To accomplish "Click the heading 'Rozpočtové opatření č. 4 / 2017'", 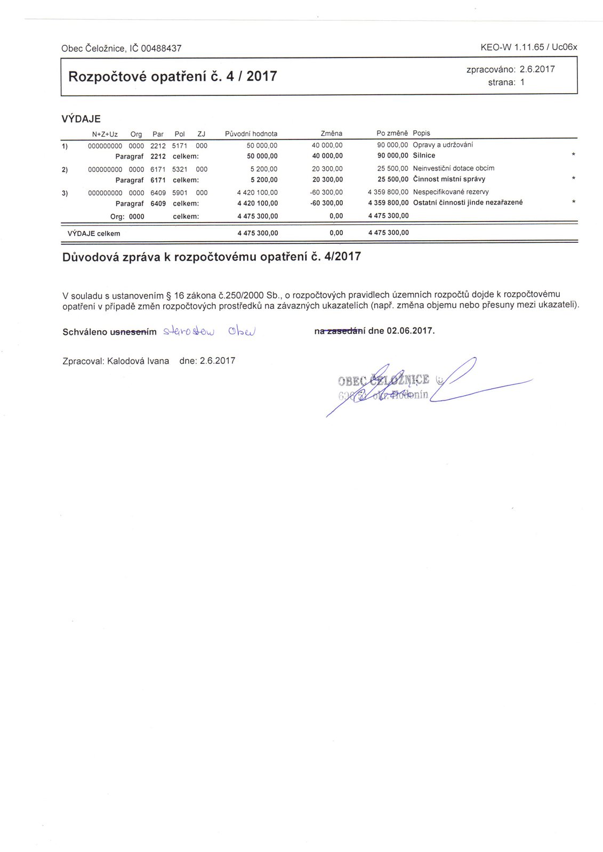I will pos(173,77).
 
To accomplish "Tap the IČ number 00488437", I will pos(161,48).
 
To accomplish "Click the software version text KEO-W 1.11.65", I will pos(512,47).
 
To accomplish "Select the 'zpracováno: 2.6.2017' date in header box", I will pos(510,69).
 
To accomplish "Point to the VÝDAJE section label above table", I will pos(81,119).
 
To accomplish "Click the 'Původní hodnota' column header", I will pos(251,134).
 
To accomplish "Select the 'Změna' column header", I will pos(331,133).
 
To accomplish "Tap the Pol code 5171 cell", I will pos(180,145).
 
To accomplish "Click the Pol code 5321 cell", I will pos(180,169).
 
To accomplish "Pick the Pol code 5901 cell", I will pos(180,192).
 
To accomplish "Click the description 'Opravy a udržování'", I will pos(443,145).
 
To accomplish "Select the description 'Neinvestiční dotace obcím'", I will pos(453,168).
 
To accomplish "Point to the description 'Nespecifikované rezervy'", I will pos(451,192).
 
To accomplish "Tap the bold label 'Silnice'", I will pos(424,155).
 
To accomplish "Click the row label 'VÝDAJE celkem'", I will pos(94,233).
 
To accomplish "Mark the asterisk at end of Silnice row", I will pos(573,155).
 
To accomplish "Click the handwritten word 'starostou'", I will pos(189,331).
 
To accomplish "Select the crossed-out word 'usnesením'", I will pos(133,332).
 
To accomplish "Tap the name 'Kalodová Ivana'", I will pos(138,361).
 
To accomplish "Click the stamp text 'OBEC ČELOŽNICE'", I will pos(383,380).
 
